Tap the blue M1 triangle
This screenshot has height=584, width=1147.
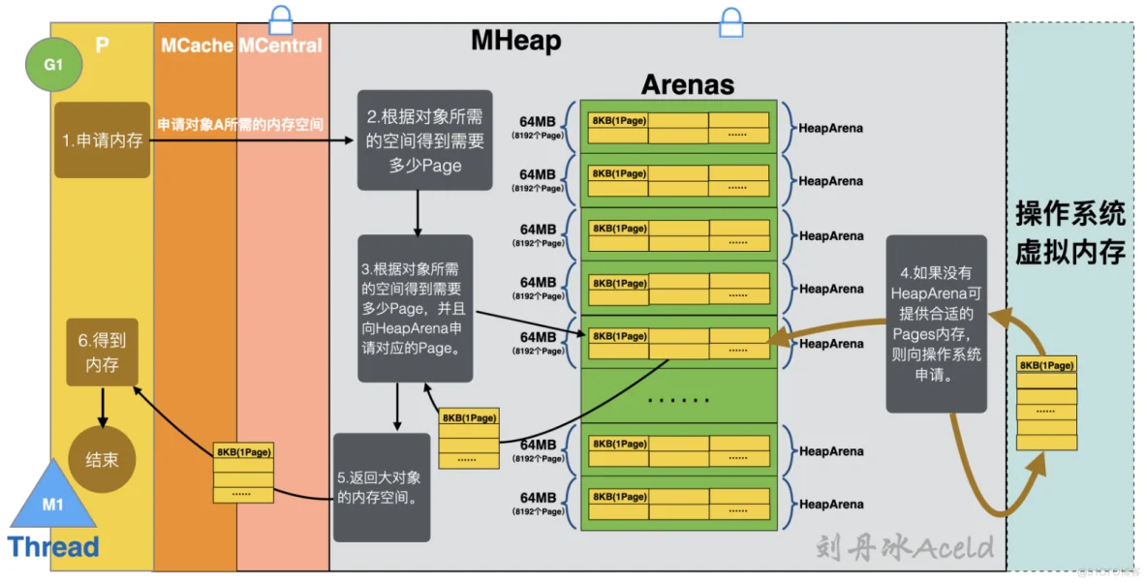[52, 498]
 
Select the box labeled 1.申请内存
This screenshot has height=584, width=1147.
[102, 139]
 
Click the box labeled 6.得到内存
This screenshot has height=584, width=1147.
[102, 353]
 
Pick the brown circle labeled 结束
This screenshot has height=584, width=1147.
[102, 459]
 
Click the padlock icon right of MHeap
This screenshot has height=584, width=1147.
[730, 21]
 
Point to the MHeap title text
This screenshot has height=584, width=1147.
[515, 40]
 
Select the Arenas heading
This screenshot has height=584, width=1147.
[687, 84]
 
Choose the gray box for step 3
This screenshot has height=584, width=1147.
[415, 307]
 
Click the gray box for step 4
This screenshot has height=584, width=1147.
[935, 323]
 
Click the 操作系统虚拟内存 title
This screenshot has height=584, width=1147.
[1069, 233]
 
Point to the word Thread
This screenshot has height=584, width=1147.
[53, 547]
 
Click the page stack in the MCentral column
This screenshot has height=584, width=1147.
[243, 473]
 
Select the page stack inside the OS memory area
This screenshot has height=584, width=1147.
[1046, 403]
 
